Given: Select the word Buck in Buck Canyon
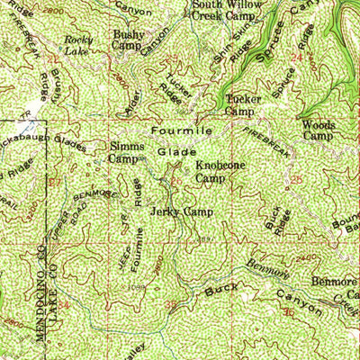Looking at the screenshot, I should (x=214, y=290).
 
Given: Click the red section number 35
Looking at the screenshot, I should (x=171, y=306).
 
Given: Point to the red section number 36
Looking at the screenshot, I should (x=288, y=312).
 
